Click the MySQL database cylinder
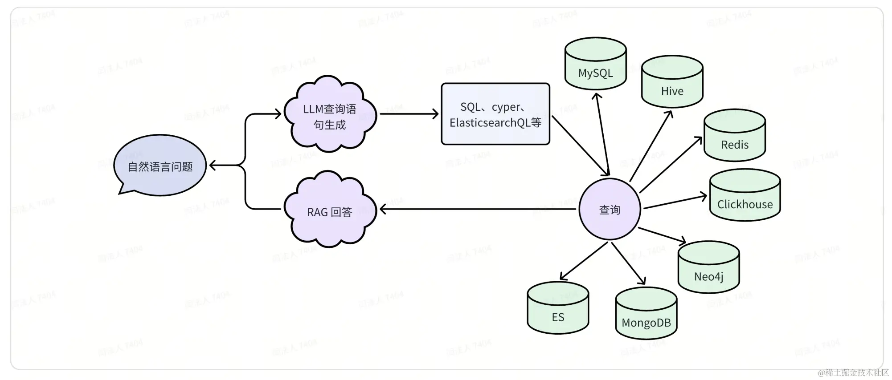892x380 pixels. click(595, 65)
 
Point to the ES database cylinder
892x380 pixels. click(558, 309)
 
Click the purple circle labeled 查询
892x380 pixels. click(610, 210)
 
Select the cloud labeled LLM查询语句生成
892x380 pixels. click(330, 115)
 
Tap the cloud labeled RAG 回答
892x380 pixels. click(330, 211)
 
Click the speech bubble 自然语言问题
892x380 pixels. click(160, 166)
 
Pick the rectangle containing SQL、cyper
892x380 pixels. click(495, 114)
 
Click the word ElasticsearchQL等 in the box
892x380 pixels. click(495, 123)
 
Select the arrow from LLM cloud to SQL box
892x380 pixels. click(408, 114)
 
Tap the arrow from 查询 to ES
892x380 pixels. click(584, 261)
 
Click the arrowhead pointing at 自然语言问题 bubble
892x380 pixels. click(213, 166)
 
